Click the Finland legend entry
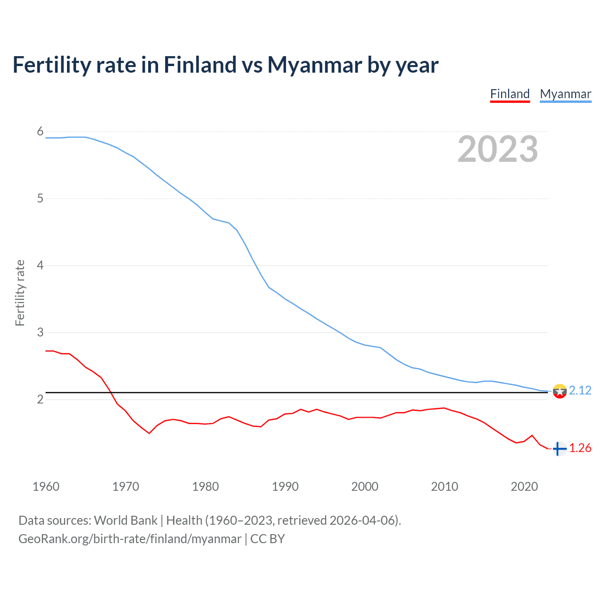coord(510,94)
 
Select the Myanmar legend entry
coord(565,94)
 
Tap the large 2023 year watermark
coord(497,149)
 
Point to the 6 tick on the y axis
coord(40,132)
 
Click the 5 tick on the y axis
coord(40,199)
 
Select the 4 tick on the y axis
coord(40,266)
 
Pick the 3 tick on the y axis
coord(40,333)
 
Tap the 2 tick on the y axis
coord(40,400)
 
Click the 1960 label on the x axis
coord(46,487)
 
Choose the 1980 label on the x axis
coord(205,487)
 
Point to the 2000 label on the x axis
coord(365,487)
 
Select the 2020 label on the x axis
coord(524,487)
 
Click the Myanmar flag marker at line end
coord(560,391)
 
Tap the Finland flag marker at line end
coord(559,449)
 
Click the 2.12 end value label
coord(580,391)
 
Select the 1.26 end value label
coord(580,448)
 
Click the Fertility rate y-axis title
coord(20,293)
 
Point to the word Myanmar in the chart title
coord(314,65)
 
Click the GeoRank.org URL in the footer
coord(130,539)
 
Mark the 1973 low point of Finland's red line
coord(149,433)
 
